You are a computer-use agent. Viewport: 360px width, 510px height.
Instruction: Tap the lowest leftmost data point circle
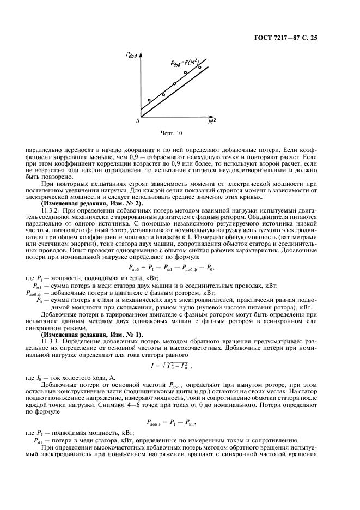tap(149, 100)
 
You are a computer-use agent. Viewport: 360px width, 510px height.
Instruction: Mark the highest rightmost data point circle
tap(199, 68)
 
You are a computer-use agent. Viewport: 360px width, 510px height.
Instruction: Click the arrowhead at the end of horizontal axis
tap(211, 116)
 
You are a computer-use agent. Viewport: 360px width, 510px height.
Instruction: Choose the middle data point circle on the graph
tap(174, 83)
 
